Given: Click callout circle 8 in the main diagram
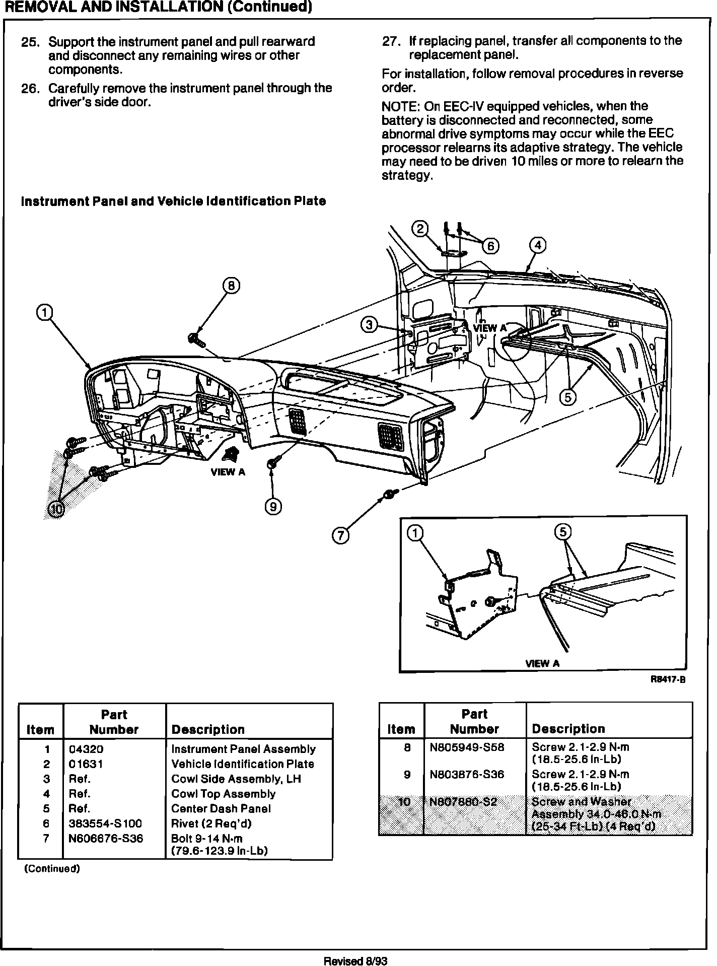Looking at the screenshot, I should [231, 286].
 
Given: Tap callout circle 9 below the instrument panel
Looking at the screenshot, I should [273, 507].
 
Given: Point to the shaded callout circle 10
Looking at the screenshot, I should [56, 510].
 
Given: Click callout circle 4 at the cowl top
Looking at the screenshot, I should [538, 246].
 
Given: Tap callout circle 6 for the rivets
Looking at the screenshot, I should [490, 246].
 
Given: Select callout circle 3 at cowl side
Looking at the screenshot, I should [369, 325].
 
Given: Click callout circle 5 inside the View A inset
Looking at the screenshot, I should [563, 532].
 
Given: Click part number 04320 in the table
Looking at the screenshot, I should [86, 749].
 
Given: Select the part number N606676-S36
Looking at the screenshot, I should [106, 839].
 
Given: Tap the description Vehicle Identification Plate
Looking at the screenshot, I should [242, 764].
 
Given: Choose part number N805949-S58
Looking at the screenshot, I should [467, 747].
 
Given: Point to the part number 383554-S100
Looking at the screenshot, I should [105, 823].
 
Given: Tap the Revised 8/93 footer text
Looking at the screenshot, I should [356, 960].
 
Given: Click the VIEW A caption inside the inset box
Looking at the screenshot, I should [542, 663].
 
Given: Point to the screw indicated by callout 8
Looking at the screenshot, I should [195, 339].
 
